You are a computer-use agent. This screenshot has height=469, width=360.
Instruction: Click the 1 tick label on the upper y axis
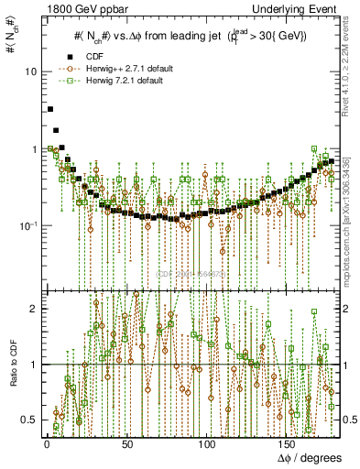pos(32,148)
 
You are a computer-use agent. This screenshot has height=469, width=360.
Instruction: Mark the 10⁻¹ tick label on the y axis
pos(27,225)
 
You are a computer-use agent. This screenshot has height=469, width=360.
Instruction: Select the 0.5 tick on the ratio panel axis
pos(28,420)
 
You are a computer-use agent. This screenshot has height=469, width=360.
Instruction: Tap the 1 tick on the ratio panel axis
pos(32,365)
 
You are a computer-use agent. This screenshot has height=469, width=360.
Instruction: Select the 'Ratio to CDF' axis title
pos(10,364)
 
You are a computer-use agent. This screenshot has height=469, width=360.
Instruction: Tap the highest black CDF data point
pos(49,109)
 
